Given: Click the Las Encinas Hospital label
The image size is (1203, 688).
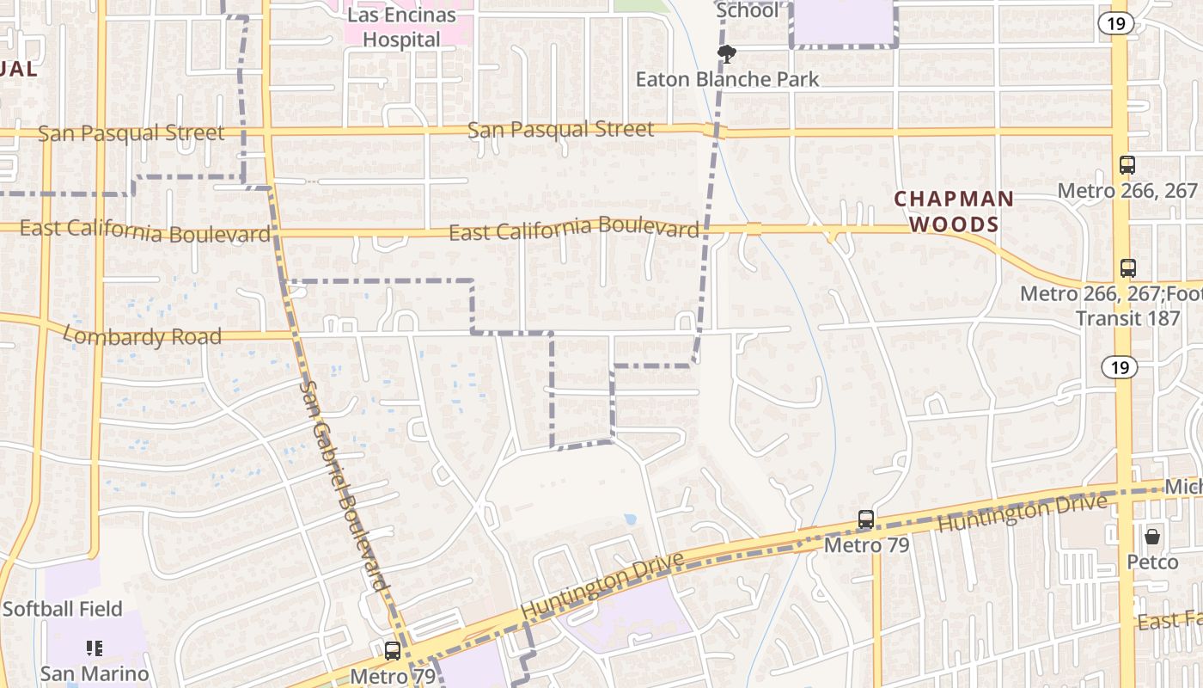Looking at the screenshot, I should pos(400,28).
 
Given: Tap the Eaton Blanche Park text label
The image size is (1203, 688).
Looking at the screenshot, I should pos(727,79).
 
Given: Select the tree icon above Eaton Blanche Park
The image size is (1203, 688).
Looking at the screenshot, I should pos(727,55).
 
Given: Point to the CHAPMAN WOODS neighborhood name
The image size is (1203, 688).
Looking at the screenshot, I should pos(954,212).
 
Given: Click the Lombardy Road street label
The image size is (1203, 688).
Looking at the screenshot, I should pos(143,336).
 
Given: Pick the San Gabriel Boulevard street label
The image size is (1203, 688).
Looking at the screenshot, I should pos(344,486).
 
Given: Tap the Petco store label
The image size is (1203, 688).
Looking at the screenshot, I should pos(1152,562).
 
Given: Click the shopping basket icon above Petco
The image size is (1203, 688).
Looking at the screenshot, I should pos(1152,537).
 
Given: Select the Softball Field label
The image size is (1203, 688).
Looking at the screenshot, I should pos(62,609).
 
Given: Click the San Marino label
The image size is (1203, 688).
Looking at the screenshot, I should pos(95,673).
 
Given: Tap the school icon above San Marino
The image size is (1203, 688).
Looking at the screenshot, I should pos(95,648).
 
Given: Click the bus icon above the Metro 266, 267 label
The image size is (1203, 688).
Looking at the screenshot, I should pos(1127,165).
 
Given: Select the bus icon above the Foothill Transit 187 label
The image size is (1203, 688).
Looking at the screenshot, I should pos(1128,268).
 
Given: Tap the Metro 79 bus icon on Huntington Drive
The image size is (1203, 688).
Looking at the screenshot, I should pos(866,519).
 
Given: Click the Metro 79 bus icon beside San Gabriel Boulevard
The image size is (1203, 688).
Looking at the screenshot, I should pos(393,651).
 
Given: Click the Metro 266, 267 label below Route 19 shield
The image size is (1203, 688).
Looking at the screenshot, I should pos(1127,190).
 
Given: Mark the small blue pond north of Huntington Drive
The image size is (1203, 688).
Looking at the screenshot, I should pos(632,519).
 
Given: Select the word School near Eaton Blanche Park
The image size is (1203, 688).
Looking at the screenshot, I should pos(747,10).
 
